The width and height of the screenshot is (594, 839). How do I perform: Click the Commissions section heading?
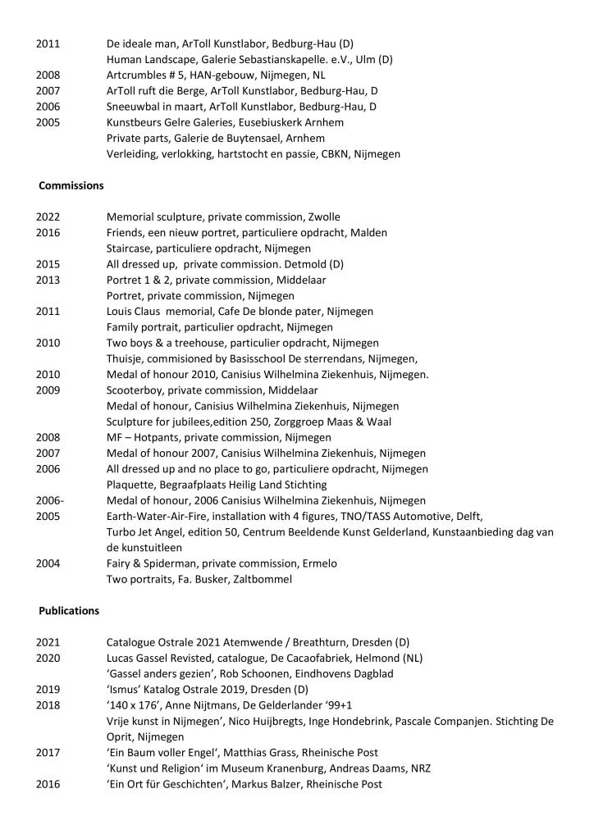tap(71, 185)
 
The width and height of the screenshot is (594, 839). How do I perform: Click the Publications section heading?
tap(69, 611)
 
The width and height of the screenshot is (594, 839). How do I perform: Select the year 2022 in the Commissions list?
tap(48, 217)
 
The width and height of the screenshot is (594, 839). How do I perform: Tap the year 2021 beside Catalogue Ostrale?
tap(48, 642)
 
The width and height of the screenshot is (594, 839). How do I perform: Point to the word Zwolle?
tap(324, 217)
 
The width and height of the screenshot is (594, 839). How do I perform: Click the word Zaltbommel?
tap(266, 579)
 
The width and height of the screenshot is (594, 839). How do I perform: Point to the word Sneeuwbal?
tap(135, 107)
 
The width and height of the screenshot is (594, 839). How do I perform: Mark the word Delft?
tap(467, 516)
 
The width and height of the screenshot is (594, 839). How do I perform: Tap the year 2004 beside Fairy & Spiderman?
tap(48, 563)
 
